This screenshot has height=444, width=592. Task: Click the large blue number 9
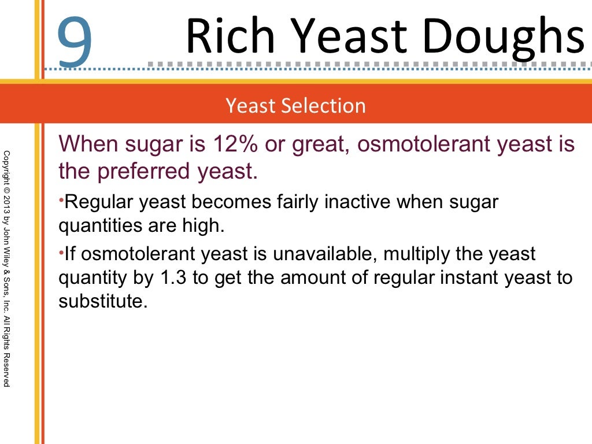click(x=75, y=40)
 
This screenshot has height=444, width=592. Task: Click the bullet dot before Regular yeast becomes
click(x=61, y=199)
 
